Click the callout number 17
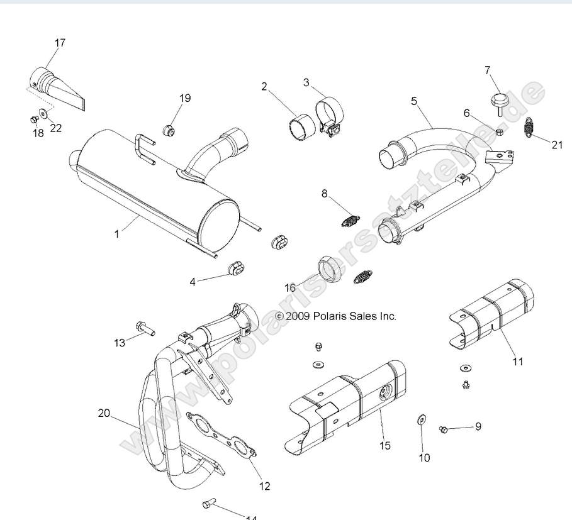click(60, 43)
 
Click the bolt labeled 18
click(34, 119)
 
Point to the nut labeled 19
click(168, 131)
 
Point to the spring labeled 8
click(350, 219)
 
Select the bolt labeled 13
click(142, 327)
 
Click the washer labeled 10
click(420, 419)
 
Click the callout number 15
click(385, 445)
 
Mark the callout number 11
click(517, 361)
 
